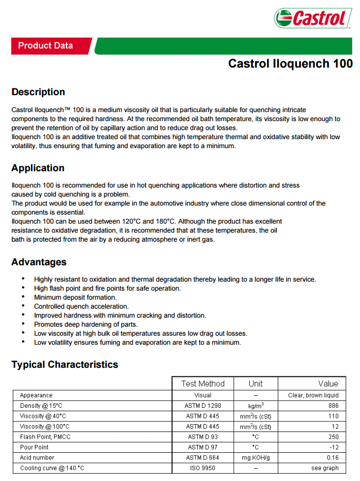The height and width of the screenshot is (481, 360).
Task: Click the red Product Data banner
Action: [46, 46]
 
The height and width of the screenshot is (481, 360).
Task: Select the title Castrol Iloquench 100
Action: [290, 64]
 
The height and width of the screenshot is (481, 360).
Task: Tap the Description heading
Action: [38, 92]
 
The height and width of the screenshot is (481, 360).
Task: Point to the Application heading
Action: [38, 168]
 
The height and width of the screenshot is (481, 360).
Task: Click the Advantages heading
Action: [39, 262]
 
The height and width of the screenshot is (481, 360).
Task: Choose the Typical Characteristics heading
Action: [65, 364]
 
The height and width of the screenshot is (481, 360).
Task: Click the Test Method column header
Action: [203, 384]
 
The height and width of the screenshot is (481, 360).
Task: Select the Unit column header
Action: [256, 384]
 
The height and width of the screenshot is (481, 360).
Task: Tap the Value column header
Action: [328, 384]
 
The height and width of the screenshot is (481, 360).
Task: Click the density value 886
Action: [333, 406]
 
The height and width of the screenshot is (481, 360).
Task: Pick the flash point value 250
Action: [333, 437]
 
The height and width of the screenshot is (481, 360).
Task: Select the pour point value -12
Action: [334, 447]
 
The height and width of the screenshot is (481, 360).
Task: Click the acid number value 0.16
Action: [332, 457]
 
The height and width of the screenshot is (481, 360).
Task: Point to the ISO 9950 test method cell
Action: [203, 468]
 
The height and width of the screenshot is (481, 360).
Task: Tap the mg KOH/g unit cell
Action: [256, 457]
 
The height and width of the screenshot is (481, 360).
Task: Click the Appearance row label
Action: [36, 395]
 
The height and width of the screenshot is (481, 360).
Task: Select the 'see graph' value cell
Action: [325, 468]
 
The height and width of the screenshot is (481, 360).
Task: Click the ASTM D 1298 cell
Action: [203, 406]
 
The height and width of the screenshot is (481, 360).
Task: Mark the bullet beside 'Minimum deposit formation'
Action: [23, 297]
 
